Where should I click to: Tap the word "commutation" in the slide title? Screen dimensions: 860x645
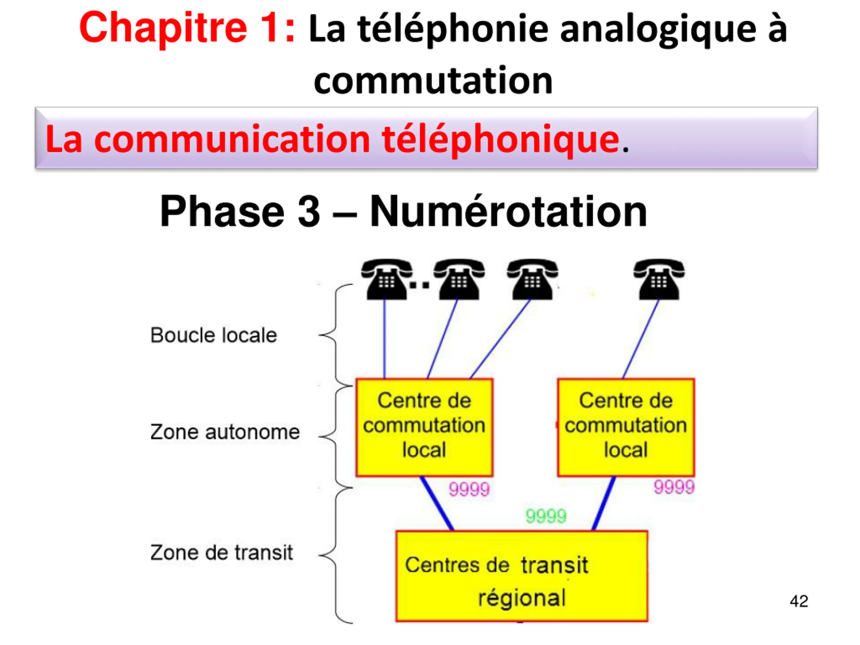click(x=433, y=81)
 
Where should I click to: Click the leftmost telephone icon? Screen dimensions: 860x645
click(x=387, y=279)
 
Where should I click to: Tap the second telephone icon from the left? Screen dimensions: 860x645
click(x=459, y=279)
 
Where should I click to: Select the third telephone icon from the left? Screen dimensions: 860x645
click(x=532, y=279)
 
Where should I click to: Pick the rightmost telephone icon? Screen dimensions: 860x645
click(x=659, y=279)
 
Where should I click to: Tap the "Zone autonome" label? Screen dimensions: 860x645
click(x=225, y=432)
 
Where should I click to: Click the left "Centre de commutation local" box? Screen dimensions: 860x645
click(x=425, y=427)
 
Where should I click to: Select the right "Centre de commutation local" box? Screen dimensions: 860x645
click(x=626, y=427)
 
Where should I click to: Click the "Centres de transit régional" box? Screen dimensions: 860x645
click(x=522, y=576)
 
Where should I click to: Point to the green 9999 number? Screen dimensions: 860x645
click(x=546, y=516)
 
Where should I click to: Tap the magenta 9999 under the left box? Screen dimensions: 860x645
click(x=469, y=489)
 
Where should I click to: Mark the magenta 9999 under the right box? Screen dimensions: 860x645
click(x=674, y=487)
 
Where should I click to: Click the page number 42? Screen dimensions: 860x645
click(x=799, y=601)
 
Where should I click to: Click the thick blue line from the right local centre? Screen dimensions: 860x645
click(x=604, y=504)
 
